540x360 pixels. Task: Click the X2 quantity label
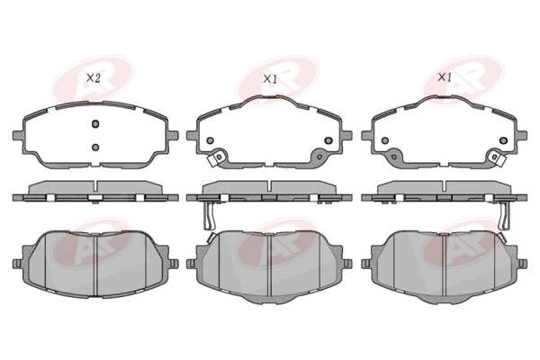click(x=93, y=78)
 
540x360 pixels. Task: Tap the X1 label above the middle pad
click(x=270, y=79)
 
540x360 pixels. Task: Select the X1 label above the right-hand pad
click(x=445, y=77)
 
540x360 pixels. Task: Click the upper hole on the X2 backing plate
click(x=95, y=123)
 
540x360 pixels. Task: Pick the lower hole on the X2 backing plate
click(x=95, y=148)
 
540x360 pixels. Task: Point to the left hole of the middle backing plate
click(x=210, y=140)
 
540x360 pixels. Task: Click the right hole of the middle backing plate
click(x=328, y=140)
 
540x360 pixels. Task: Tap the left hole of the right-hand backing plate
click(x=385, y=140)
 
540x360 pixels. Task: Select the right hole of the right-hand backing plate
click(x=503, y=140)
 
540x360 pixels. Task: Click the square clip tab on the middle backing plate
click(x=217, y=158)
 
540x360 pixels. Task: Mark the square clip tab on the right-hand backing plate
click(x=498, y=158)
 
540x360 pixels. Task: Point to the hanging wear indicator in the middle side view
click(x=209, y=215)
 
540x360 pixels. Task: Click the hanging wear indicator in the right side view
click(x=504, y=215)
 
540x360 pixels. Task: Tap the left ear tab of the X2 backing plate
click(x=18, y=135)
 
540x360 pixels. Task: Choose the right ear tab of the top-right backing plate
click(x=522, y=135)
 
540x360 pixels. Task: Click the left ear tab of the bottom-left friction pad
click(x=17, y=264)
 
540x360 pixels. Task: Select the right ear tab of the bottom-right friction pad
click(x=522, y=264)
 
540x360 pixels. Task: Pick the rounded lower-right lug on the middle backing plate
click(x=319, y=156)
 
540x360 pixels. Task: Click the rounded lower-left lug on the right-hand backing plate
click(x=395, y=156)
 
